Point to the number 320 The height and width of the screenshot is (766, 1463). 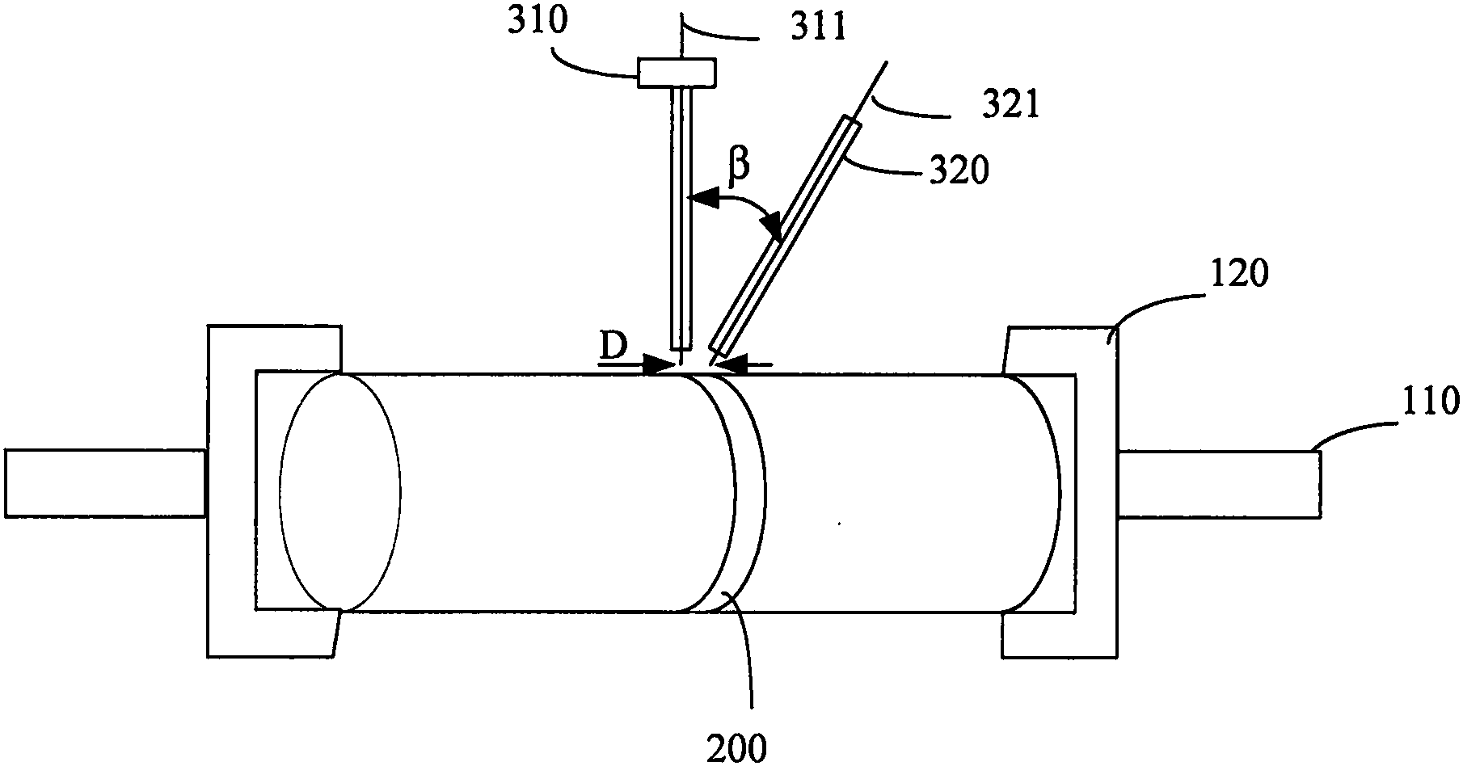(x=959, y=171)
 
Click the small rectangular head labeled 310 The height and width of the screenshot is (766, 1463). (x=677, y=73)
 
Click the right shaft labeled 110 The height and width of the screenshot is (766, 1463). (x=1220, y=485)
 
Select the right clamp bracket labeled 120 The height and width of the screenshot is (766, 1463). (x=1060, y=490)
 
